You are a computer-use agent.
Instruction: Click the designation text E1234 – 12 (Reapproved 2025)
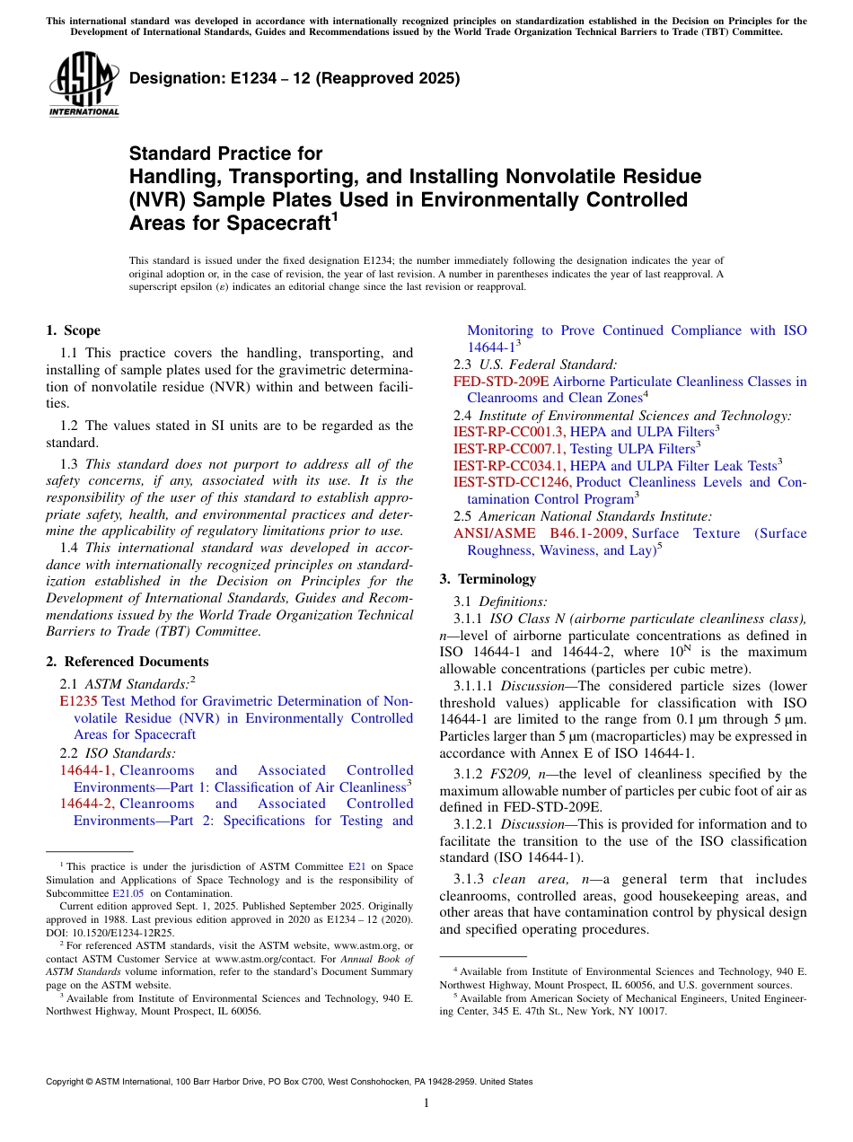pyautogui.click(x=295, y=78)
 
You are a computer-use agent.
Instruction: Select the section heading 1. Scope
pyautogui.click(x=73, y=330)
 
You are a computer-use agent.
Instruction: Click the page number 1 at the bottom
pyautogui.click(x=426, y=1102)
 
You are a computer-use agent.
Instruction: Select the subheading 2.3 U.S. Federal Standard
pyautogui.click(x=534, y=365)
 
